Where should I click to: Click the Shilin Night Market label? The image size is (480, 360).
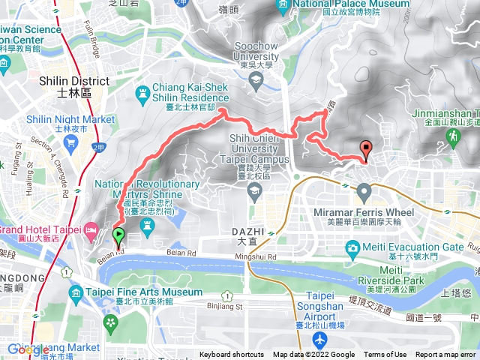click(70, 119)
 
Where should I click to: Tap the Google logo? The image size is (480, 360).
click(28, 349)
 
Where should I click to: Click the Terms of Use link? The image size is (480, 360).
click(385, 355)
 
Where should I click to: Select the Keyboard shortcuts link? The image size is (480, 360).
click(232, 355)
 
